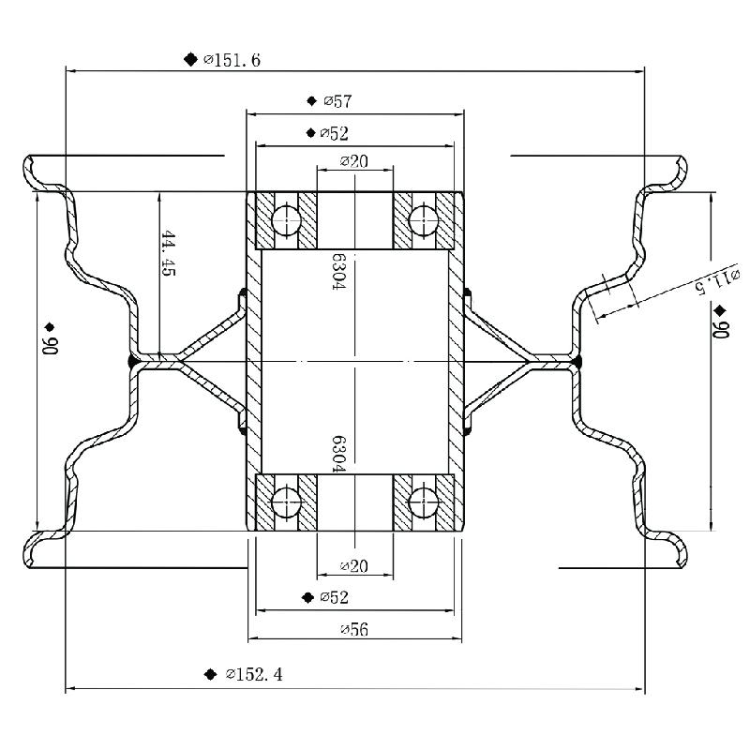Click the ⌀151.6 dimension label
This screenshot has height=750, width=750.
(x=232, y=60)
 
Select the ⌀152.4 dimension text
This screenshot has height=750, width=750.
(x=254, y=674)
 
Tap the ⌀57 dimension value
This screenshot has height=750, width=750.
(x=337, y=100)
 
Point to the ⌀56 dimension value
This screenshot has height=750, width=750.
(x=353, y=629)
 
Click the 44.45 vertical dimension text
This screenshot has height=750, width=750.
(x=169, y=252)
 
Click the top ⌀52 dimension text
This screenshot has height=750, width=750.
(x=334, y=133)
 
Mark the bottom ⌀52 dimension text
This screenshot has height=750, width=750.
(x=334, y=597)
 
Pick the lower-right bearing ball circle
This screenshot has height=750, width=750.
(x=424, y=503)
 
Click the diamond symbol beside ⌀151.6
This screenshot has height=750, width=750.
(x=191, y=60)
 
